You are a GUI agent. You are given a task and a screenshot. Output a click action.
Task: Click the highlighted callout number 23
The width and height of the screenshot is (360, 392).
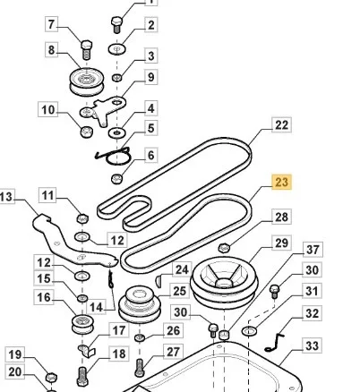coord(282,182)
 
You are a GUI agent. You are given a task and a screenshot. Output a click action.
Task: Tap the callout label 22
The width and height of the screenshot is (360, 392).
coord(282,125)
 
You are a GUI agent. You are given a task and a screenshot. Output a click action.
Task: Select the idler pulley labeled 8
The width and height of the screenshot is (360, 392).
coord(87,81)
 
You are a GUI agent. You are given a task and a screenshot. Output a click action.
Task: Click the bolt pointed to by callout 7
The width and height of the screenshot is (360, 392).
coord(87,49)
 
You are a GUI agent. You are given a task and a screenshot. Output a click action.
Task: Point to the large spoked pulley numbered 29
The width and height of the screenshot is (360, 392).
coord(224,283)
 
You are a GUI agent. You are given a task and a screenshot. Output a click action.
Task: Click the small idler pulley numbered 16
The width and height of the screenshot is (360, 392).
coord(82,324)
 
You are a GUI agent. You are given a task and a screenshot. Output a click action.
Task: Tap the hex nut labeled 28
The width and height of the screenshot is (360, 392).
coord(224,248)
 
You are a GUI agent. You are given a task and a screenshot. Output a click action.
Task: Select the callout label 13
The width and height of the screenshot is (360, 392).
coord(6,197)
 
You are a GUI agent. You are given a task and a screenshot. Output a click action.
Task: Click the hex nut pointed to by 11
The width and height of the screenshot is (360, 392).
coord(82,218)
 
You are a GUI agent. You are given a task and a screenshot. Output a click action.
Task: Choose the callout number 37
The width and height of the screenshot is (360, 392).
coord(313,250)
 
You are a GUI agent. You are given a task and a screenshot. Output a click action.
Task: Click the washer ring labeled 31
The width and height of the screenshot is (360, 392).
coord(249,331)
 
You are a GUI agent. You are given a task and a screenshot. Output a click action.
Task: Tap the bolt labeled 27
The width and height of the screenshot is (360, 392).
coord(140,368)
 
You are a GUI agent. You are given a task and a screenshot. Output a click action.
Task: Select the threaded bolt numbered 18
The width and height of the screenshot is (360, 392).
coord(82,377)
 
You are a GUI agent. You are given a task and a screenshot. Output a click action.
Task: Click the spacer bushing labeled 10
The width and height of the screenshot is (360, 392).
coord(87,132)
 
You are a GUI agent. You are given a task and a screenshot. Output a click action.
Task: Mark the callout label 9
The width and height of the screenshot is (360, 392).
coord(151,77)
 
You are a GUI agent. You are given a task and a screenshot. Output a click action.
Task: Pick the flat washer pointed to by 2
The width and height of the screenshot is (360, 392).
coord(116,49)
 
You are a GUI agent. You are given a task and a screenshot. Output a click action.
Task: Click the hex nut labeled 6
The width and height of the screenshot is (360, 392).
coord(116,179)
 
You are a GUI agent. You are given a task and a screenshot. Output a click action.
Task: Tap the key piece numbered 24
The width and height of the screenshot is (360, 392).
coord(159,281)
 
